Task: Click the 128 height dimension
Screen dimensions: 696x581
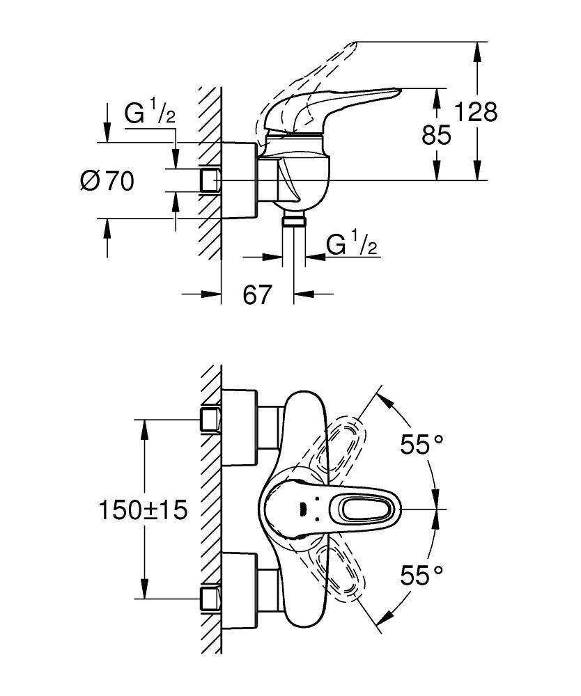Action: coord(476,111)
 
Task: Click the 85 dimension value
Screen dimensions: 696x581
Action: coord(437,134)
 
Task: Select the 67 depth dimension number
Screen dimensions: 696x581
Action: coord(256,294)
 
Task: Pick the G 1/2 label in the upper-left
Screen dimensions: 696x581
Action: coord(150,113)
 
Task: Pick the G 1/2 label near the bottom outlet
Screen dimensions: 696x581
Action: coord(352,245)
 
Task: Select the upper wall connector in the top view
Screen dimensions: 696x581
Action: coord(210,420)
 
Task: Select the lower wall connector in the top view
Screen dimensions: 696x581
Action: coord(210,599)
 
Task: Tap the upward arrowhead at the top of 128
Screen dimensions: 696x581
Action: coord(477,49)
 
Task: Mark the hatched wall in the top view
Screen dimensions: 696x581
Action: coord(210,508)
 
